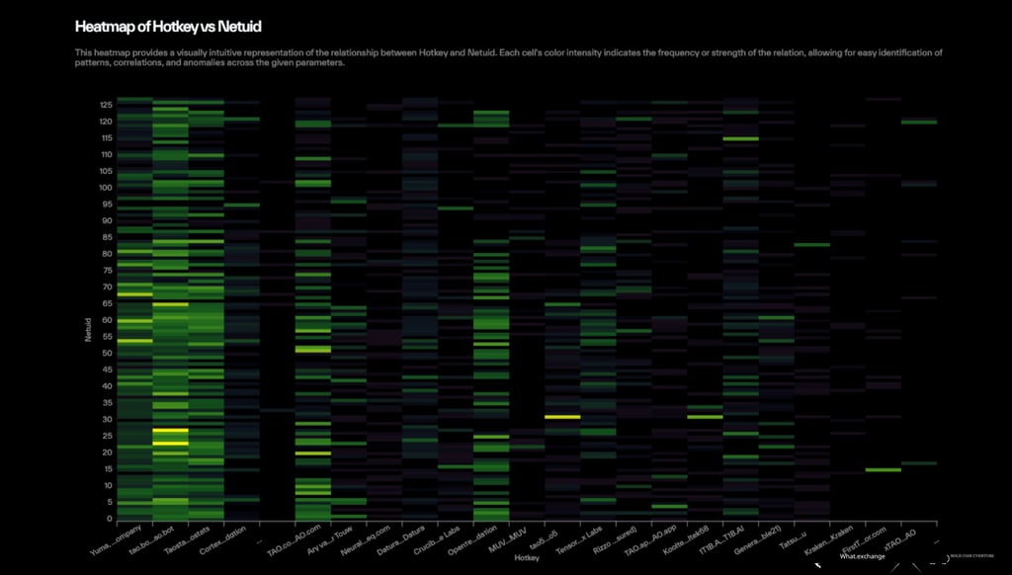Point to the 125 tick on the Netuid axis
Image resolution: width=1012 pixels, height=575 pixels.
click(x=105, y=104)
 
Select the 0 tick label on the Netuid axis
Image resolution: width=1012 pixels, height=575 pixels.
click(x=109, y=519)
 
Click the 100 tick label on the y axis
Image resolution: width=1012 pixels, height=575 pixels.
click(x=105, y=187)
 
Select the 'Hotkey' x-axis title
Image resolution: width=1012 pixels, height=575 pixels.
click(x=526, y=557)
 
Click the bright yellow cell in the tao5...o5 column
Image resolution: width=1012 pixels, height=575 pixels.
click(x=562, y=417)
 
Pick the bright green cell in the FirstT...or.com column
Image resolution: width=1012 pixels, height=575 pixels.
click(x=883, y=469)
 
